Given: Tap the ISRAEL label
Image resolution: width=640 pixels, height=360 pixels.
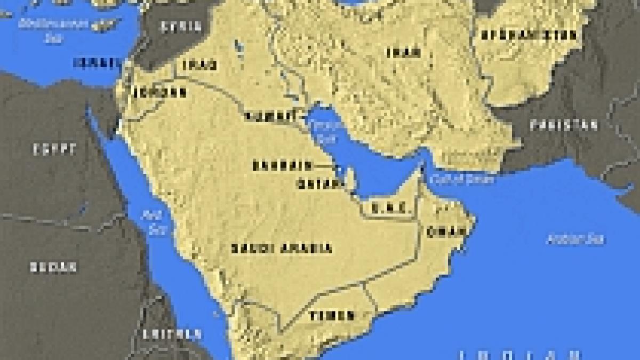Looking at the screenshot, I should coord(96,62).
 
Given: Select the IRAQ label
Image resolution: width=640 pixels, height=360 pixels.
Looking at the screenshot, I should coord(200,65).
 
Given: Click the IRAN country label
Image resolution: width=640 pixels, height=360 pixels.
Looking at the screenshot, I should coord(403,52).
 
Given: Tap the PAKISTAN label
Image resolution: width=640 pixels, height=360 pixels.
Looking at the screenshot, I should coord(564,125).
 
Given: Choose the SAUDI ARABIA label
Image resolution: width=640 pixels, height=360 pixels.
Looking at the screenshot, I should coord(282,249).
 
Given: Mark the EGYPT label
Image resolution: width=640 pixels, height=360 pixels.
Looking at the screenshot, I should coord(54,150).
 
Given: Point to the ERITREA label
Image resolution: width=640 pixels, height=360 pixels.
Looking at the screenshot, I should coord(172,334).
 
